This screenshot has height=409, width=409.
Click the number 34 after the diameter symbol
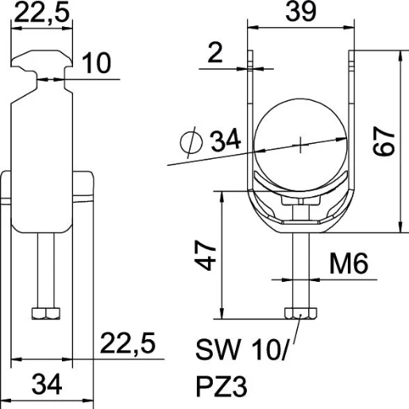point(226,142)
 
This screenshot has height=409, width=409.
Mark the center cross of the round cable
point(302,145)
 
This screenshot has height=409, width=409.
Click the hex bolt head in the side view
point(44,313)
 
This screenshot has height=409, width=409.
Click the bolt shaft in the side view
point(44,270)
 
